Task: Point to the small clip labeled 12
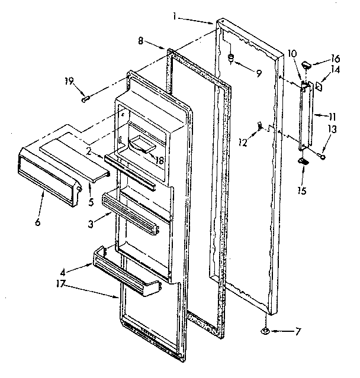(259, 125)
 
